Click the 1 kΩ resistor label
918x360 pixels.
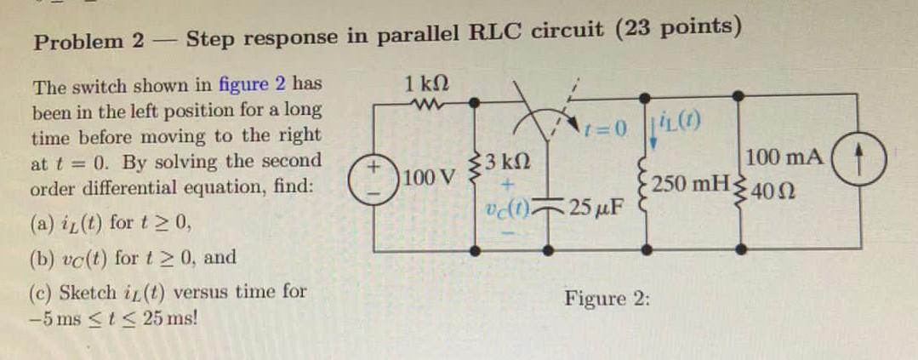coord(427,86)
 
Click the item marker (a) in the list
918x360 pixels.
coord(43,226)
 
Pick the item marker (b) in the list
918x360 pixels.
coord(43,257)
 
